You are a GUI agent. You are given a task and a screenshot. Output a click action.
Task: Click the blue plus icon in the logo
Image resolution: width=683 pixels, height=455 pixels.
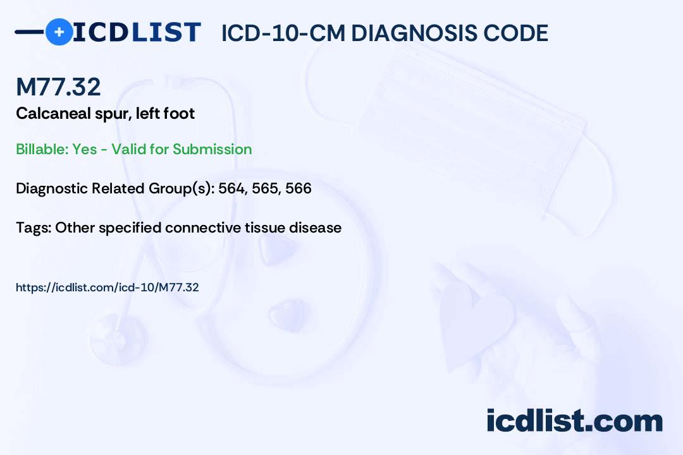59,32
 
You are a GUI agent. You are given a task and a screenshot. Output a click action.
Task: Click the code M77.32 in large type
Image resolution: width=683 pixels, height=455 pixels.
58,87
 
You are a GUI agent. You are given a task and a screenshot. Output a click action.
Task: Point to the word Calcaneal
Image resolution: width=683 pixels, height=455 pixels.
53,113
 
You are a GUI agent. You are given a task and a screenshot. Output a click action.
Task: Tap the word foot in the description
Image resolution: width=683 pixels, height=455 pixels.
180,113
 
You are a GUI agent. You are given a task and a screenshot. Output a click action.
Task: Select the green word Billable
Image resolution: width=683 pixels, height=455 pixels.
42,149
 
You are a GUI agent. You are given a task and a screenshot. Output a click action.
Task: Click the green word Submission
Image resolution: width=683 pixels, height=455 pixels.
212,149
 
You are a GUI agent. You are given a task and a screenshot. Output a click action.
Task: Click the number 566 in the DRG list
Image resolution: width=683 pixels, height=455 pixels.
298,188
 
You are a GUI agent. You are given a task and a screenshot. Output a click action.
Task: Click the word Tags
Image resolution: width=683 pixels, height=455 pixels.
34,227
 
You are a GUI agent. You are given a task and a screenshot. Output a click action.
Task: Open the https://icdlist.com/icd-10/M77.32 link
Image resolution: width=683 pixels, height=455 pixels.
107,288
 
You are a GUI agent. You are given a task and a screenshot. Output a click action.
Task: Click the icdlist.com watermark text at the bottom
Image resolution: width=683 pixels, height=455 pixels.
574,420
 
